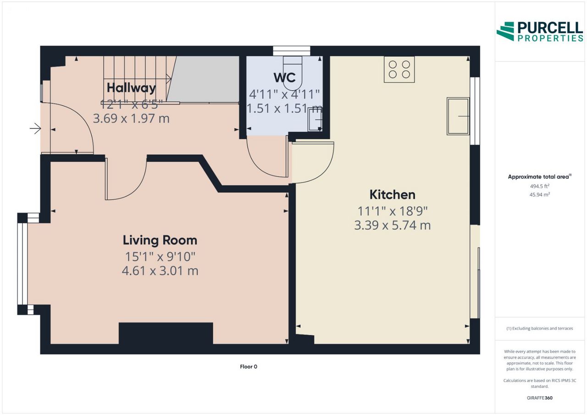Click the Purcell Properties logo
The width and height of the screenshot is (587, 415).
click(540, 32)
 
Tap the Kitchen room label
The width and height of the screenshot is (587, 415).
click(392, 195)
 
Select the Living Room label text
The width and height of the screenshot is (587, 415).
click(160, 240)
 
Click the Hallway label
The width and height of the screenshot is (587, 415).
click(131, 88)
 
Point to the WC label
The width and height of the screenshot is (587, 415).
click(285, 77)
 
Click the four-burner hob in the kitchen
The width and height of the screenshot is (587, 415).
click(399, 69)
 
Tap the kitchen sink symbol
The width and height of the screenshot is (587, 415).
click(458, 116)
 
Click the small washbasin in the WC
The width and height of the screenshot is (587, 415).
click(315, 120)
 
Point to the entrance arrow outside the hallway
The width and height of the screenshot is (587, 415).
click(35, 129)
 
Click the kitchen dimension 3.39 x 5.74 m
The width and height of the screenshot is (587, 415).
click(392, 225)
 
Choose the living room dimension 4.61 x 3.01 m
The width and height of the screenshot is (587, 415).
click(160, 271)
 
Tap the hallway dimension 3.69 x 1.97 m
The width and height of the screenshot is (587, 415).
click(131, 119)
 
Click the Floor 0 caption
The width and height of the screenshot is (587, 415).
click(249, 366)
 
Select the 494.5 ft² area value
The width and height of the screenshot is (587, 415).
click(540, 186)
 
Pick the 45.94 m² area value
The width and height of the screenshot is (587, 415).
click(540, 195)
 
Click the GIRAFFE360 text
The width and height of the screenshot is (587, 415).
click(540, 398)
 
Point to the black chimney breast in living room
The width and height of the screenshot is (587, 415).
click(166, 333)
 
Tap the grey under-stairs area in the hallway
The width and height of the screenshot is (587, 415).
click(203, 78)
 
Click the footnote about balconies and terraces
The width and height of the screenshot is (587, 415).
click(540, 328)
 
